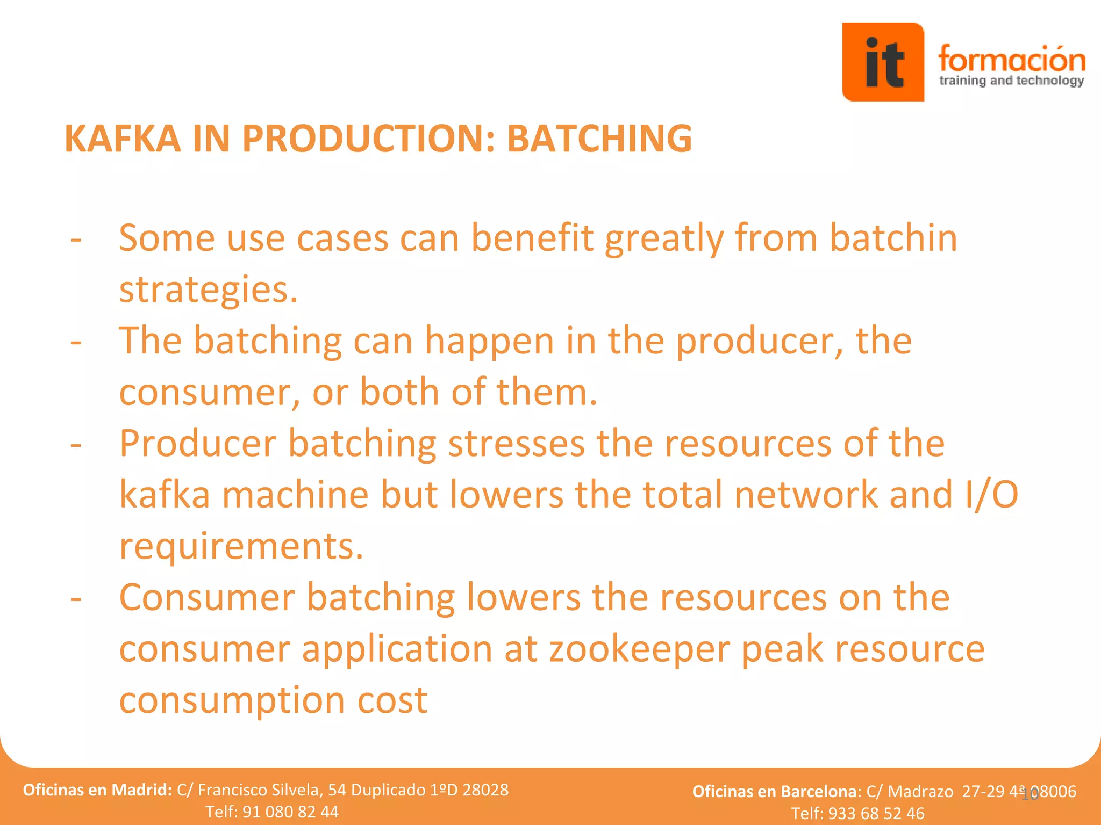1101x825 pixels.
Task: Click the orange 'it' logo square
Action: [x=883, y=62]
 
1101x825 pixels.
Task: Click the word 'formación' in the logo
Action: [x=1011, y=59]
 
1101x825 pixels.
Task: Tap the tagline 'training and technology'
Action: [x=1011, y=81]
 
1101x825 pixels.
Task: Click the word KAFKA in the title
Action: [x=123, y=139]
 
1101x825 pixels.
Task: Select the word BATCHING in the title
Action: [x=599, y=139]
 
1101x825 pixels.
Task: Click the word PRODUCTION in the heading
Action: [x=368, y=139]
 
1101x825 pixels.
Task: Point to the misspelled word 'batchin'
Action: [x=893, y=237]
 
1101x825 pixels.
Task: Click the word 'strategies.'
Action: [x=208, y=290]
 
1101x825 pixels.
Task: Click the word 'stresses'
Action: [x=516, y=444]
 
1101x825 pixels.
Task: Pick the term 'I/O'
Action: [x=991, y=495]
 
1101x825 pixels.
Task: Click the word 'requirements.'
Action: [x=241, y=546]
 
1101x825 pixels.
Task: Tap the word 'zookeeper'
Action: [x=639, y=649]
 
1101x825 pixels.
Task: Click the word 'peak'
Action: [x=782, y=649]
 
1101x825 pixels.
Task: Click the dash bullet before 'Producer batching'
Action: [x=76, y=445]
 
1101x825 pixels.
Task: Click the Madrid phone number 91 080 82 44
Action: [x=290, y=811]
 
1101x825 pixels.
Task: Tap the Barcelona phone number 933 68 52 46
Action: [x=876, y=813]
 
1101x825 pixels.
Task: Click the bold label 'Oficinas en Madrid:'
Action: [x=97, y=790]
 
